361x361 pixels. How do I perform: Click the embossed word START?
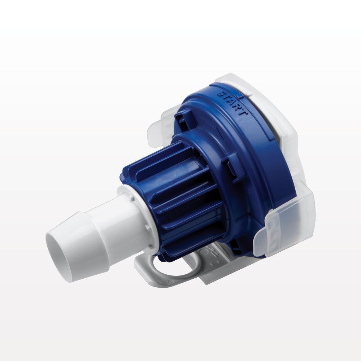233,103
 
